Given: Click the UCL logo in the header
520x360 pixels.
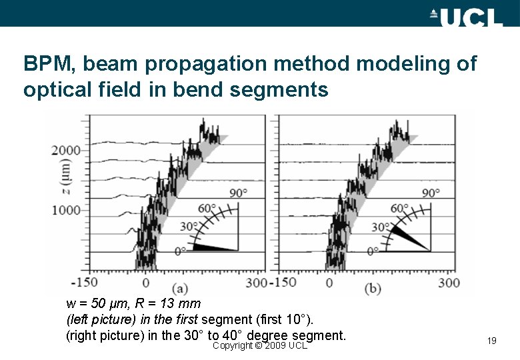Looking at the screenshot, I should [466, 16].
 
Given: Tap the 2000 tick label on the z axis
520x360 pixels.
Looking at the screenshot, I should [66, 151].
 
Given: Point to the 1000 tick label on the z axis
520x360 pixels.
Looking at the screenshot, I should [66, 210].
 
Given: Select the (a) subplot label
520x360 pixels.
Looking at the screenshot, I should [179, 288].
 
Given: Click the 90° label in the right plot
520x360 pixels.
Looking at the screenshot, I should [430, 193].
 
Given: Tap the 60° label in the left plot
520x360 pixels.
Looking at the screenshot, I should [207, 208].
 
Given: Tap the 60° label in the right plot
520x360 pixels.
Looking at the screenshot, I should [399, 208].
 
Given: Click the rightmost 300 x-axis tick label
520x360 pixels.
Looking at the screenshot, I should [449, 283].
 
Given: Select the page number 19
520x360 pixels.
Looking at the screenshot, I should [492, 341].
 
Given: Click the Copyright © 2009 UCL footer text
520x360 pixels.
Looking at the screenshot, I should [259, 345].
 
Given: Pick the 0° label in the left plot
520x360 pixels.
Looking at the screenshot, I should [181, 251].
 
